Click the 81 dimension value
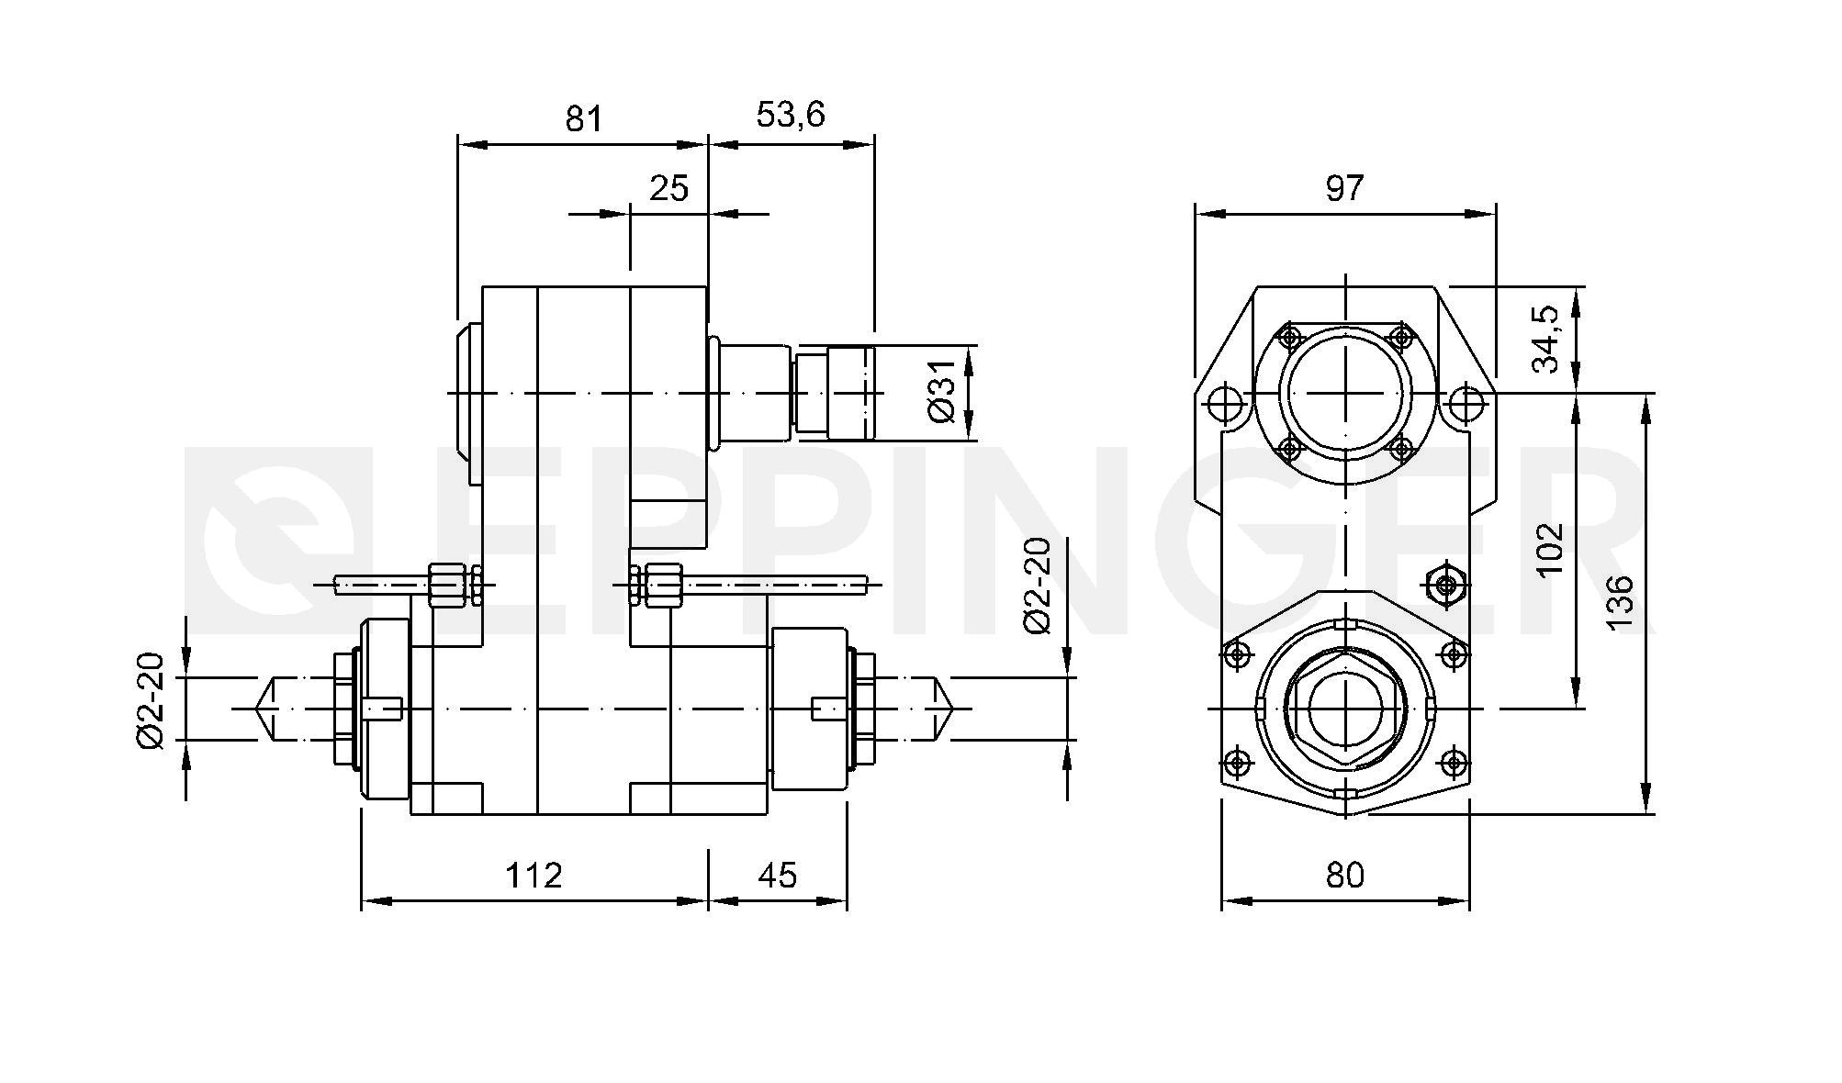(584, 118)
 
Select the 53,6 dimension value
(791, 115)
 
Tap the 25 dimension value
(668, 188)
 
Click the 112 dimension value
(534, 875)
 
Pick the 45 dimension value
(778, 875)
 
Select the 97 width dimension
(1345, 188)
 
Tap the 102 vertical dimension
(1549, 549)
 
